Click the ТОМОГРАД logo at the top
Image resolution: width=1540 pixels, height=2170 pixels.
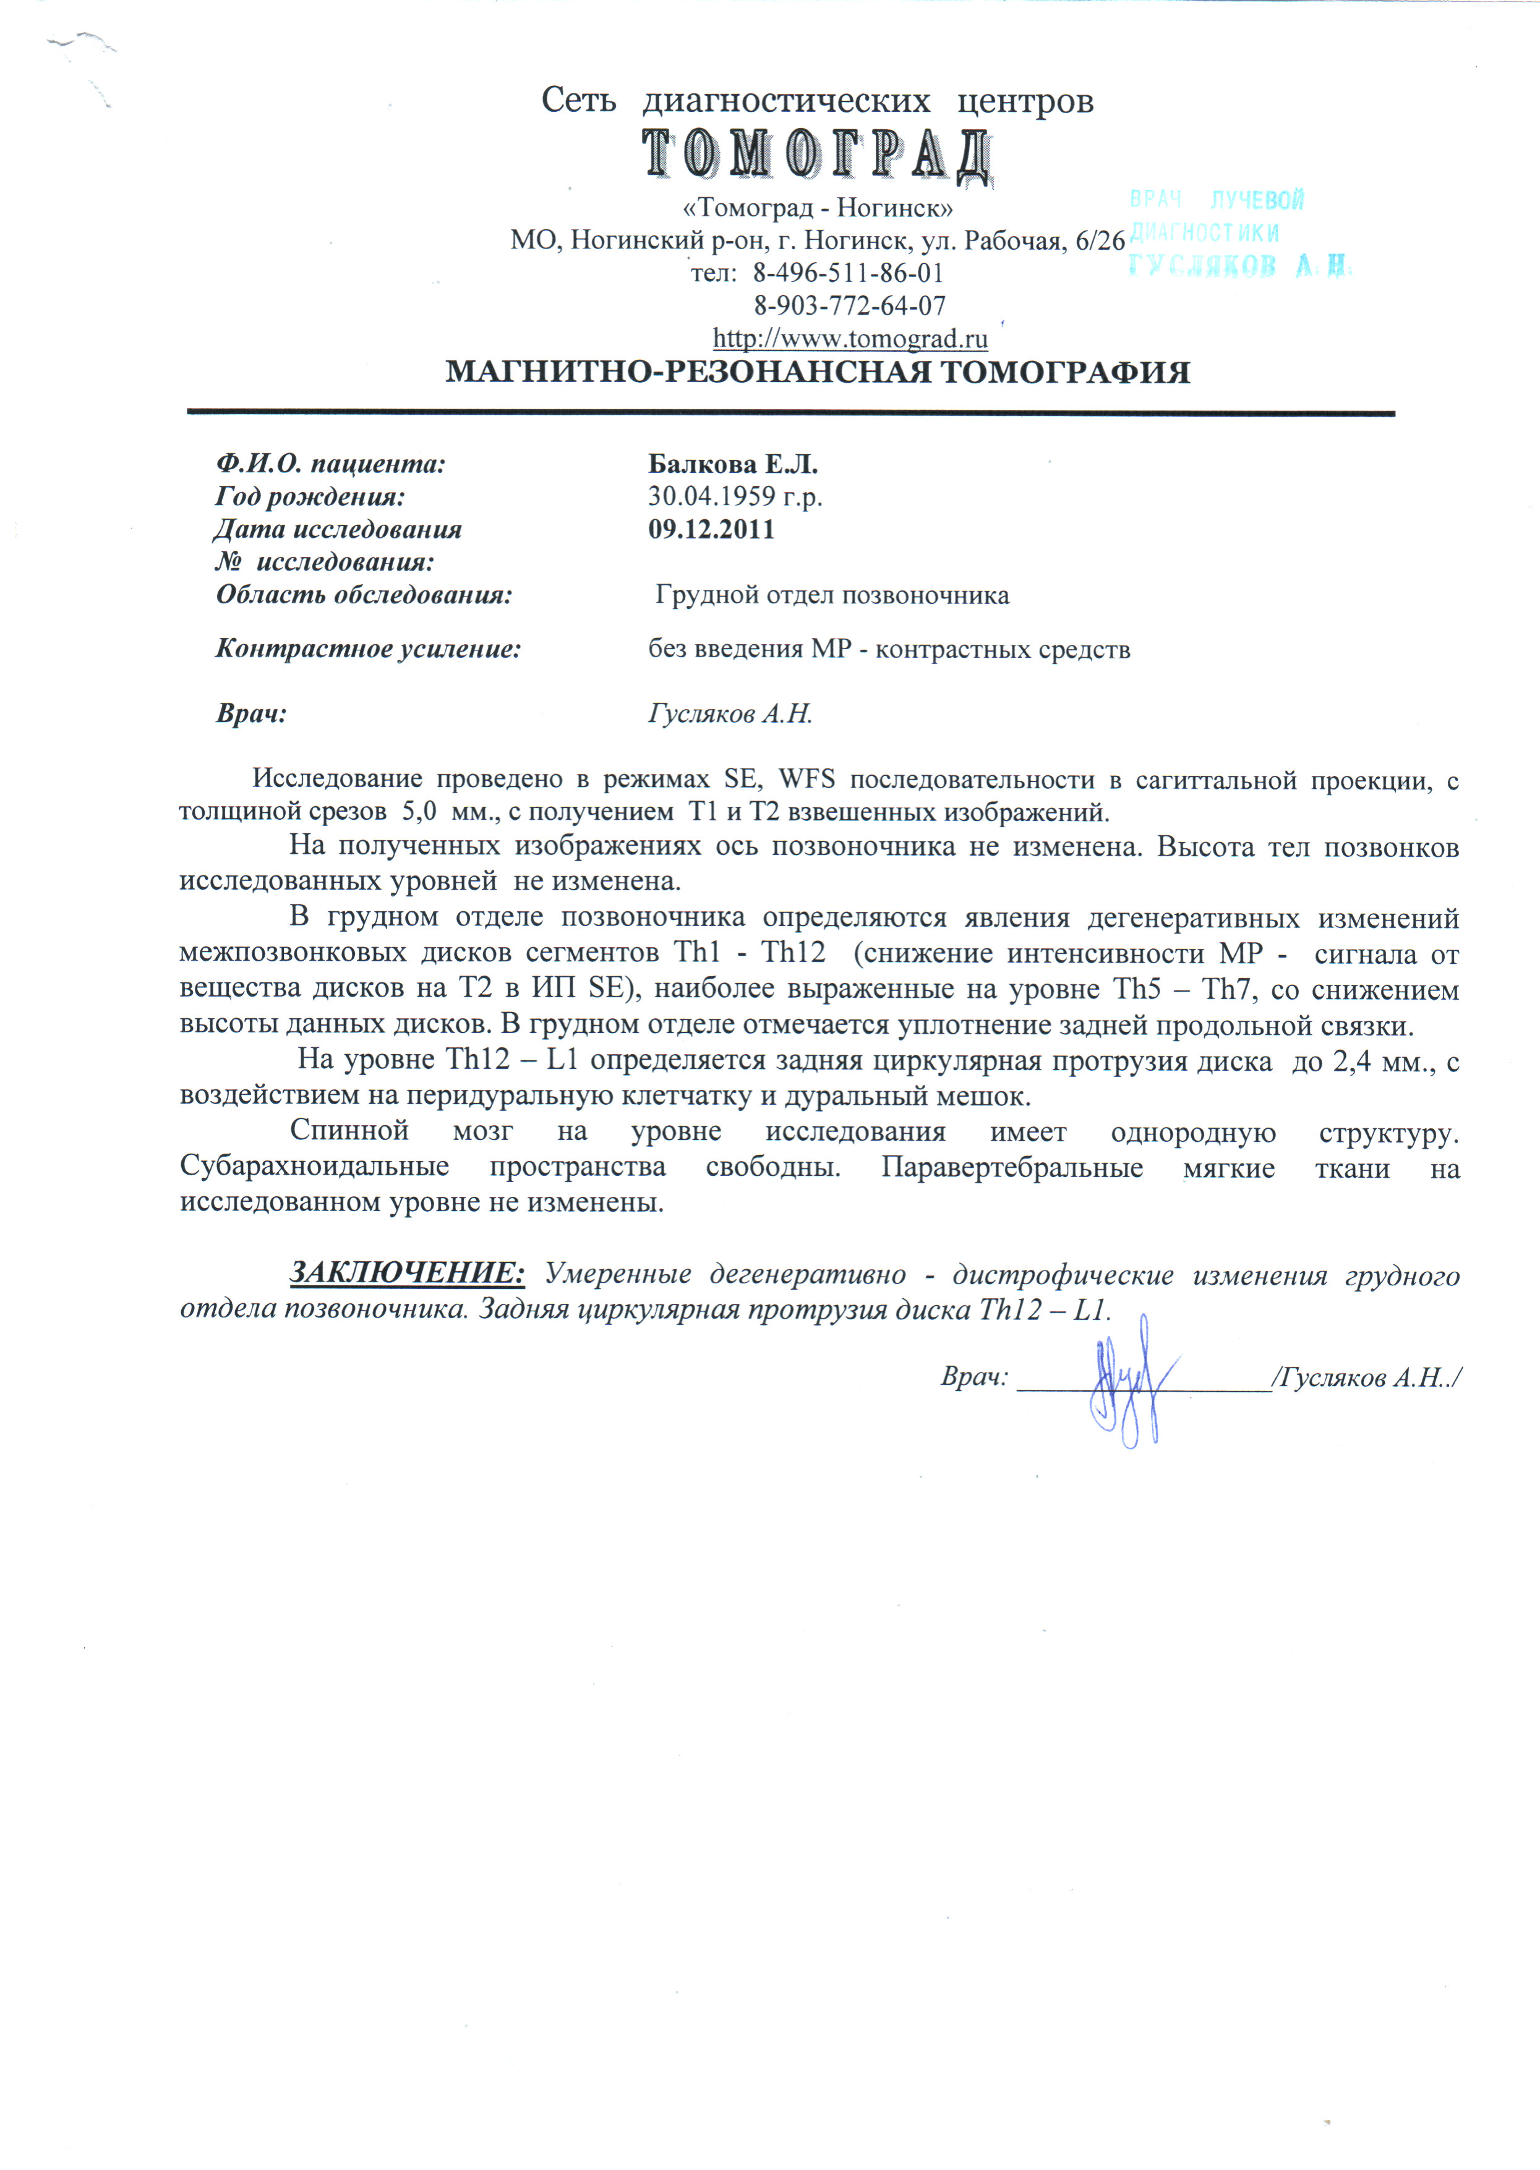(818, 155)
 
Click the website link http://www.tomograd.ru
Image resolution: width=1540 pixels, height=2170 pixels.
(850, 338)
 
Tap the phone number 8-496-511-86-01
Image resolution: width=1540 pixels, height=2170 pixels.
(848, 273)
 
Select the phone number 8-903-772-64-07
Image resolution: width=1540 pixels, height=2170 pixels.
(850, 305)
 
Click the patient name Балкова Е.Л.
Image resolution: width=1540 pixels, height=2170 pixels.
(732, 464)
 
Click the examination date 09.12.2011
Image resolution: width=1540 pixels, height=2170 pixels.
(711, 529)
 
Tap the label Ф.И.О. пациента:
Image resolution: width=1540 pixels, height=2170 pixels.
(330, 464)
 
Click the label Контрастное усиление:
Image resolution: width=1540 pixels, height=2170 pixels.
(368, 649)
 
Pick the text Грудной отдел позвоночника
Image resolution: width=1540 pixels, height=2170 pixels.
(832, 595)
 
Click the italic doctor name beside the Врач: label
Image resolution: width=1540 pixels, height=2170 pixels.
(730, 714)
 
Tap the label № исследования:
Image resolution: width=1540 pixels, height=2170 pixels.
(324, 562)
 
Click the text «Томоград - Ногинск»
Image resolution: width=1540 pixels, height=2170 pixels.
(818, 208)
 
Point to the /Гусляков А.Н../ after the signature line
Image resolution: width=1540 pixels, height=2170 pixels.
(1366, 1377)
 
